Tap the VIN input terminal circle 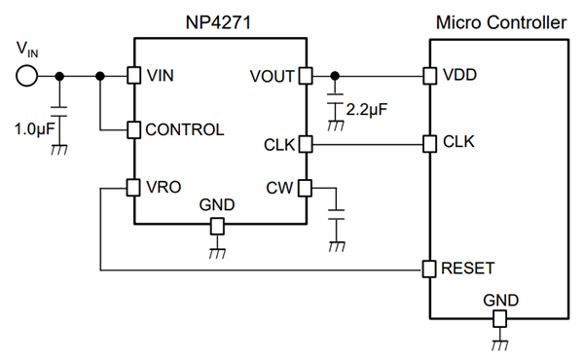(x=25, y=76)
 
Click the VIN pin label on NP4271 (x=162, y=76)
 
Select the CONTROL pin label (x=184, y=128)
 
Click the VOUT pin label (x=272, y=76)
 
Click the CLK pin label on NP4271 (x=278, y=145)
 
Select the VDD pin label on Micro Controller (x=459, y=76)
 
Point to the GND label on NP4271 (x=216, y=206)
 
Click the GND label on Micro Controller (x=500, y=300)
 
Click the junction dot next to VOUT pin (x=336, y=76)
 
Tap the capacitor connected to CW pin (x=337, y=215)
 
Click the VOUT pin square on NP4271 (x=304, y=76)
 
